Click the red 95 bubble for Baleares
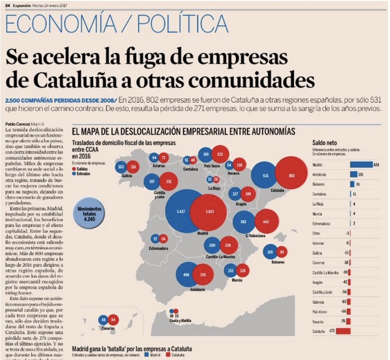pyautogui.click(x=282, y=252)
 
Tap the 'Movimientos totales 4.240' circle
pyautogui.click(x=88, y=215)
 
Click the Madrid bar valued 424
pyautogui.click(x=361, y=164)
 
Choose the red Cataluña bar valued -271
pyautogui.click(x=343, y=331)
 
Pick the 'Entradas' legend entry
pyautogui.click(x=81, y=173)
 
